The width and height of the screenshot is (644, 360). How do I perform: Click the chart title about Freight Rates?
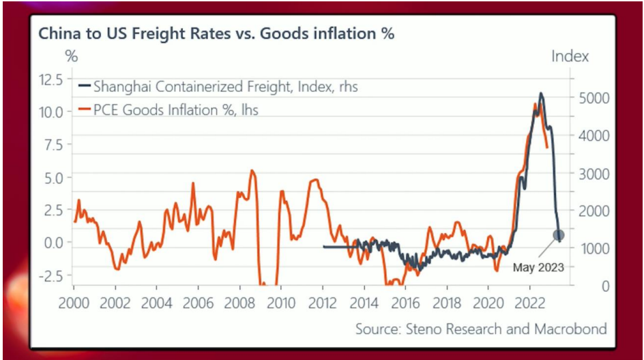[x=216, y=33]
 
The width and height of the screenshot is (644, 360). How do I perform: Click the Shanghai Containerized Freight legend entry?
[x=218, y=87]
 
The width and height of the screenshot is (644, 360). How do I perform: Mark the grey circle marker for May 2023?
[x=559, y=235]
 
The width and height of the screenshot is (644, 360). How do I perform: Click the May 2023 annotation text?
[x=538, y=267]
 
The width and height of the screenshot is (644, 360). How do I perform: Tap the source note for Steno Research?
[x=481, y=329]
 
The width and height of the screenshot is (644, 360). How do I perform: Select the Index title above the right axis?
[x=570, y=56]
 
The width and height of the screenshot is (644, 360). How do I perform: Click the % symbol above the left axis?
[x=71, y=56]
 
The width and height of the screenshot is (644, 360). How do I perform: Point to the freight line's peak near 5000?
[x=541, y=93]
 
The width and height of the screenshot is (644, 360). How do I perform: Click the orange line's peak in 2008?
[x=252, y=170]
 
